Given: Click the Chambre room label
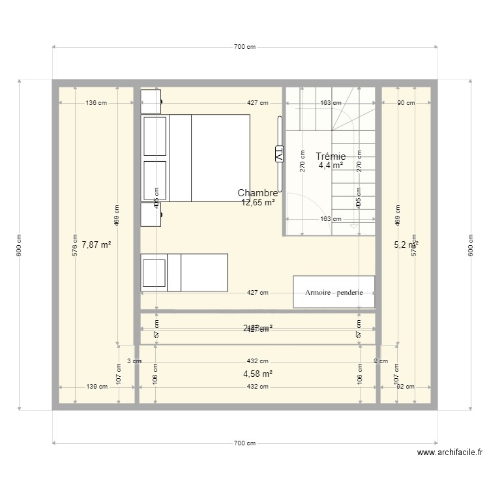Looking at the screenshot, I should click(x=258, y=193).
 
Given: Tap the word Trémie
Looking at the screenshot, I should click(x=331, y=156).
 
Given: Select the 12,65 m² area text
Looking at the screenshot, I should click(x=258, y=202).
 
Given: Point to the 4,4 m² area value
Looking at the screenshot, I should click(x=331, y=166).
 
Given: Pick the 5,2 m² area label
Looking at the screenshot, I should click(x=406, y=245).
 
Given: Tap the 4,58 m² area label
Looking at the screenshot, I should click(x=258, y=374).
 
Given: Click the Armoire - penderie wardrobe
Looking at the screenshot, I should click(x=334, y=292).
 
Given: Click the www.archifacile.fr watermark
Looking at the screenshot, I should click(x=449, y=452).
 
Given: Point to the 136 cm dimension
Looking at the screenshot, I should click(x=96, y=103).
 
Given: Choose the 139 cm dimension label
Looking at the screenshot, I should click(x=96, y=387).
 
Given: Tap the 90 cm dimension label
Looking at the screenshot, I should click(x=406, y=103).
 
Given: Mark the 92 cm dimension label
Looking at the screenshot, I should click(x=406, y=387).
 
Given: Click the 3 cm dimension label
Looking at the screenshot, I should click(x=133, y=361).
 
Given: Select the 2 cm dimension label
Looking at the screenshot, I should click(x=380, y=361).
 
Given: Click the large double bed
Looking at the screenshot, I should click(x=196, y=158).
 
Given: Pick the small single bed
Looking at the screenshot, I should click(x=185, y=273).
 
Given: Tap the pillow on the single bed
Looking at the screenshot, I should click(x=155, y=273).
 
